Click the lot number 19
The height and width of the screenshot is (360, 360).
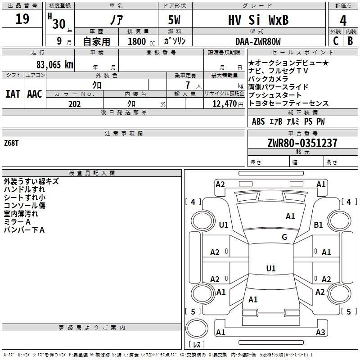[x=22, y=19]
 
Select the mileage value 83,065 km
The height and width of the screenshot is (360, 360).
[x=54, y=65]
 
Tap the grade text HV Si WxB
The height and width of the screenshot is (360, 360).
[x=258, y=20]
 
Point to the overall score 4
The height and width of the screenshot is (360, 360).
[x=343, y=21]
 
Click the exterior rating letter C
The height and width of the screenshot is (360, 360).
[x=335, y=41]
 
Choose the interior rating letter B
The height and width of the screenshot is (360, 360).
[x=350, y=41]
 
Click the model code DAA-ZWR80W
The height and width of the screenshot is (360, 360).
[x=258, y=41]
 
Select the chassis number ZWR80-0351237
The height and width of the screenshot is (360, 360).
[x=302, y=143]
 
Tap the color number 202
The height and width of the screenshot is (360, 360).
[x=74, y=104]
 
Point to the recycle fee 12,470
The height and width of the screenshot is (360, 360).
[x=225, y=104]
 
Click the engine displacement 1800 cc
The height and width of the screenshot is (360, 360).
[x=141, y=41]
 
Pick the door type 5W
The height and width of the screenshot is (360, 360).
[x=174, y=20]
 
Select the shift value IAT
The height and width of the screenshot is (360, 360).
[x=13, y=94]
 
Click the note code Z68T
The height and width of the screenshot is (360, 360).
[x=11, y=143]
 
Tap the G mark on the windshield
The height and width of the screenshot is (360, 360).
[x=284, y=237]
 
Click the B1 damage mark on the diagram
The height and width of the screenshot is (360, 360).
[x=318, y=225]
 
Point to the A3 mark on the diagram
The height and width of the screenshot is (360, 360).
[x=320, y=332]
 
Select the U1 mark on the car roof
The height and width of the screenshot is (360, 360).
[x=271, y=268]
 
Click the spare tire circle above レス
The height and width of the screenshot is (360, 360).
[x=197, y=328]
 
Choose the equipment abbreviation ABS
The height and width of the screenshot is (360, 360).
[x=258, y=121]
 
